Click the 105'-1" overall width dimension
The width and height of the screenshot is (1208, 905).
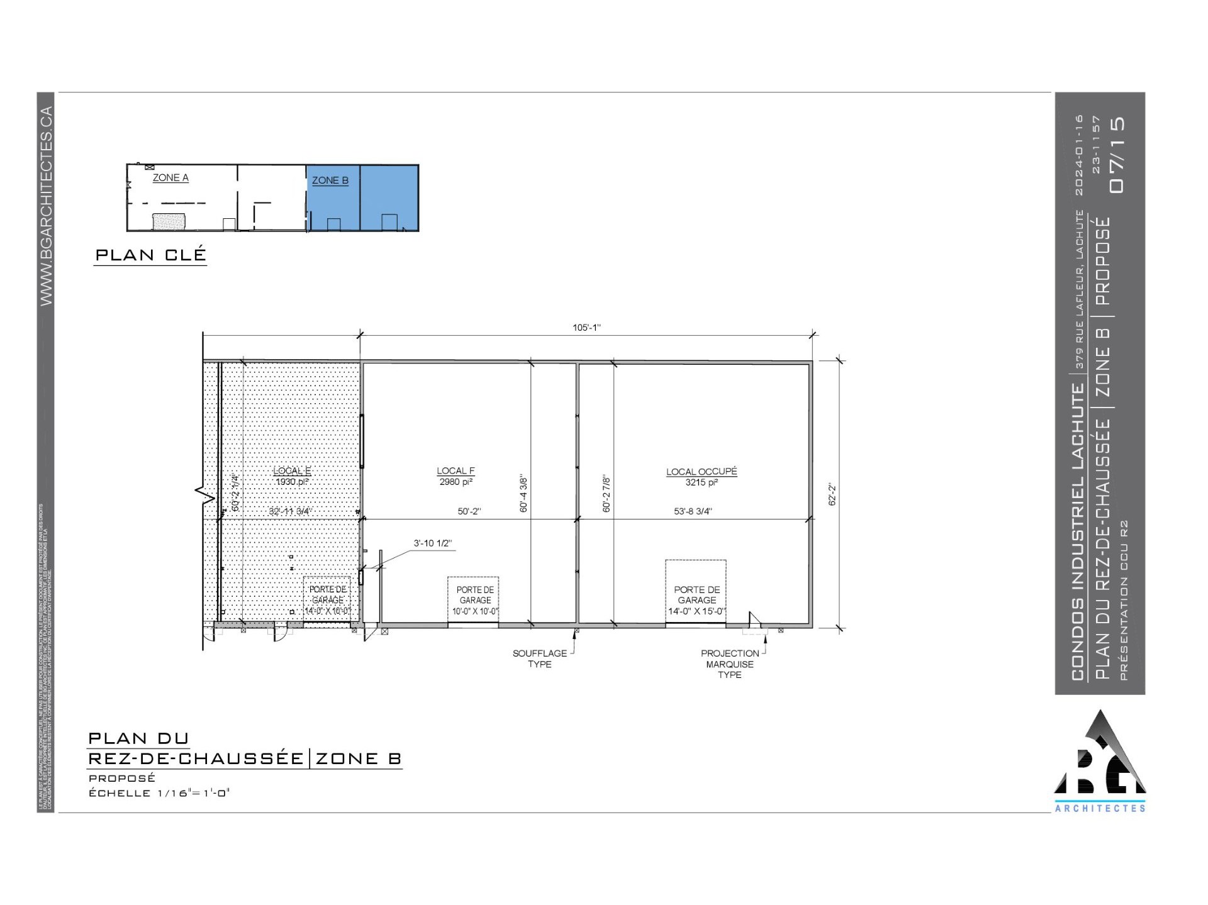coord(586,328)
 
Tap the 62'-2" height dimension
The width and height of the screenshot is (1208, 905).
coord(832,494)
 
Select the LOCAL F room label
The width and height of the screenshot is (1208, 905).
coord(456,471)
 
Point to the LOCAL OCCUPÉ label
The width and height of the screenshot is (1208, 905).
coord(702,472)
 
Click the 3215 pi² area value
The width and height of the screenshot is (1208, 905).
coord(702,483)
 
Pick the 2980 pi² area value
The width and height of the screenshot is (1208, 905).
coord(456,482)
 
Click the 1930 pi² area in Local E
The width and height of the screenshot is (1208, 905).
coord(291,482)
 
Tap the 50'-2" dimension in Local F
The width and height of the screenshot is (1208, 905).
coord(469,512)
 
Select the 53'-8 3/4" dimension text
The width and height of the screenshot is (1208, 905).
coord(693,512)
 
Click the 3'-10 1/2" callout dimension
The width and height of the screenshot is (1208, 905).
coord(432,543)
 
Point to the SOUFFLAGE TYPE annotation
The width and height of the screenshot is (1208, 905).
coord(539,658)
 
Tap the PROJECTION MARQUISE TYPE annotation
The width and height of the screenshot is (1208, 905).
coord(730,664)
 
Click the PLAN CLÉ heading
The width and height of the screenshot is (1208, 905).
coord(150,255)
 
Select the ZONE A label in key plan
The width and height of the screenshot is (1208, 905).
coord(171,178)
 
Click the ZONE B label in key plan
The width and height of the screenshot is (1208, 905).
coord(330,180)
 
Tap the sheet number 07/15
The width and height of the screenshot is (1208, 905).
coord(1117,155)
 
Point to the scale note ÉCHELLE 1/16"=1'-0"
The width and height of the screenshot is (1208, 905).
coord(159,793)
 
